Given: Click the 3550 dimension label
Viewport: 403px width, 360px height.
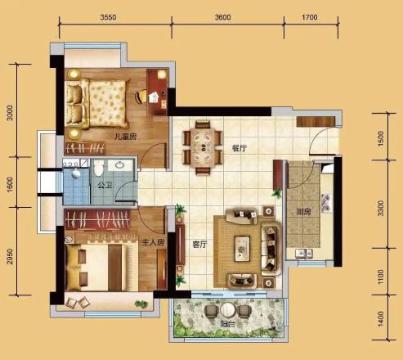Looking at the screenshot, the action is pos(108,17).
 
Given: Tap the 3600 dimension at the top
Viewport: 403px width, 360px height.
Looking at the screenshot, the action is pos(222,17).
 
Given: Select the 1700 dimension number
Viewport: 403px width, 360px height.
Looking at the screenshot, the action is pos(310,17).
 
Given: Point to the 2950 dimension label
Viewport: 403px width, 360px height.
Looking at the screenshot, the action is pos(10,256).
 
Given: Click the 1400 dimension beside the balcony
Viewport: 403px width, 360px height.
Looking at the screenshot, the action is pos(381,318).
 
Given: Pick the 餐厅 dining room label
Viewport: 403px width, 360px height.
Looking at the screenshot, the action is pos(240,148).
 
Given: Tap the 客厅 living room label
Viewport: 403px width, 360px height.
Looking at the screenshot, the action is pos(199,245).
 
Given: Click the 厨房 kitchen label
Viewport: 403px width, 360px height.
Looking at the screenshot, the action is pos(303,212).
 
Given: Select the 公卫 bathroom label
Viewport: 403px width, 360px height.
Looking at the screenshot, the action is pos(105,186).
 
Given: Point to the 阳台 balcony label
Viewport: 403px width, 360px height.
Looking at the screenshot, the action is pos(227,324).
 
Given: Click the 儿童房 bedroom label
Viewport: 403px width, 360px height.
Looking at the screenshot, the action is pos(125,137).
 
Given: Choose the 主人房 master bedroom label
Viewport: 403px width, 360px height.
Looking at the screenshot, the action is pos(153,242).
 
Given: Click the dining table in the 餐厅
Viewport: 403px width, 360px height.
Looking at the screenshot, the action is pos(203,148).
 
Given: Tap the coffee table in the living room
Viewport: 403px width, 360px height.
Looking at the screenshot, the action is pos(242,249).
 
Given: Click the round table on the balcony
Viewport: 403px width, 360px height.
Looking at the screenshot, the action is pos(228,310).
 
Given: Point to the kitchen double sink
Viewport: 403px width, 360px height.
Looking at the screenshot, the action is pos(304,253).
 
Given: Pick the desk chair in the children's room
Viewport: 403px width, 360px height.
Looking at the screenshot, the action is pos(141,97).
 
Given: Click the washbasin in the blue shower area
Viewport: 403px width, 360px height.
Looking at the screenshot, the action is pos(76,173).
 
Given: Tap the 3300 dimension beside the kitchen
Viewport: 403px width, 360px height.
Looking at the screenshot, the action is pos(381,208).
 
